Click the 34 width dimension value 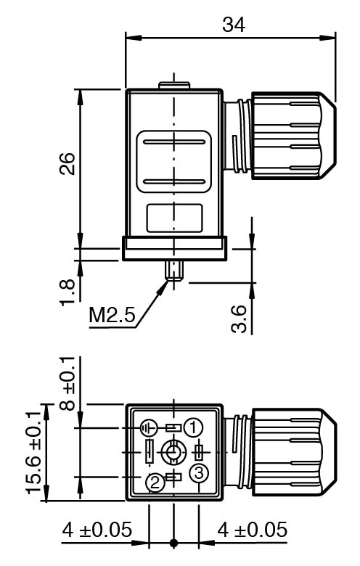pyautogui.click(x=234, y=25)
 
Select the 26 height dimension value pyautogui.click(x=67, y=164)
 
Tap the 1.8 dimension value pyautogui.click(x=67, y=292)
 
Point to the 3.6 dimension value pyautogui.click(x=239, y=319)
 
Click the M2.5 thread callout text pyautogui.click(x=112, y=315)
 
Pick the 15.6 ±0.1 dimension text pyautogui.click(x=33, y=453)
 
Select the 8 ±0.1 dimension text pyautogui.click(x=67, y=384)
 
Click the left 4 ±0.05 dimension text pyautogui.click(x=97, y=530)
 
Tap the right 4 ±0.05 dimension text pyautogui.click(x=253, y=530)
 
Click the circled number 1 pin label pyautogui.click(x=193, y=427)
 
